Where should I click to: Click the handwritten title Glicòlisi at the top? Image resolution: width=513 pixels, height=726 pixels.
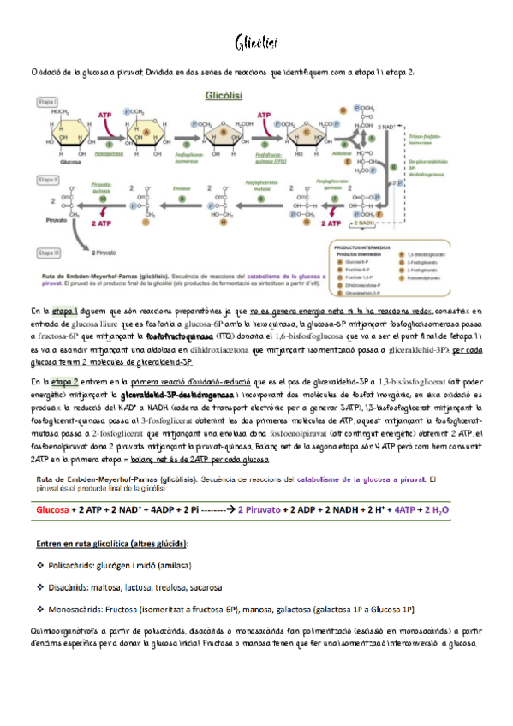256,42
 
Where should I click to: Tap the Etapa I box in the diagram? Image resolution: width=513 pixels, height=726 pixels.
48,101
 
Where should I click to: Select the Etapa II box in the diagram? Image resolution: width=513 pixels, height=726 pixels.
49,180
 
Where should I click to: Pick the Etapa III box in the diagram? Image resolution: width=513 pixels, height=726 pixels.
49,253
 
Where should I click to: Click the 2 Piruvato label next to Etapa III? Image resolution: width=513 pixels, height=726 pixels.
104,253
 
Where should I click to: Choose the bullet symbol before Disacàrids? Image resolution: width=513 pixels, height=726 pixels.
40,587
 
